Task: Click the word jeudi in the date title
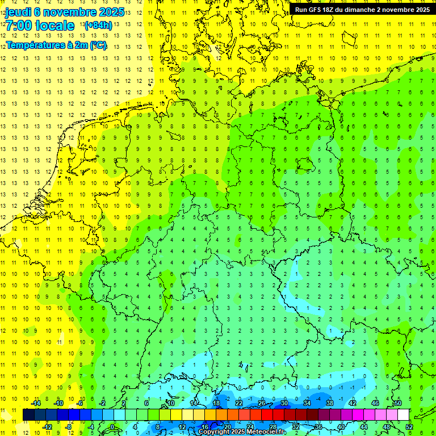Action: pyautogui.click(x=19, y=12)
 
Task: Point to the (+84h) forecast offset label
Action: pyautogui.click(x=98, y=26)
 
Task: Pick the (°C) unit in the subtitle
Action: pyautogui.click(x=98, y=45)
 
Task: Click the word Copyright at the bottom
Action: pyautogui.click(x=215, y=432)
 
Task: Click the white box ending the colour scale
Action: pyautogui.click(x=403, y=415)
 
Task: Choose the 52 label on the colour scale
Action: pyautogui.click(x=409, y=427)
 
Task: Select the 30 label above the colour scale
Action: pyautogui.click(x=284, y=403)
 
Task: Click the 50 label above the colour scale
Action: pyautogui.click(x=398, y=403)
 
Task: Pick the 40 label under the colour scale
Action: pyautogui.click(x=341, y=427)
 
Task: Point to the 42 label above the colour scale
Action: pyautogui.click(x=353, y=403)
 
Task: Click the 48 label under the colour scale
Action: pyautogui.click(x=387, y=427)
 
